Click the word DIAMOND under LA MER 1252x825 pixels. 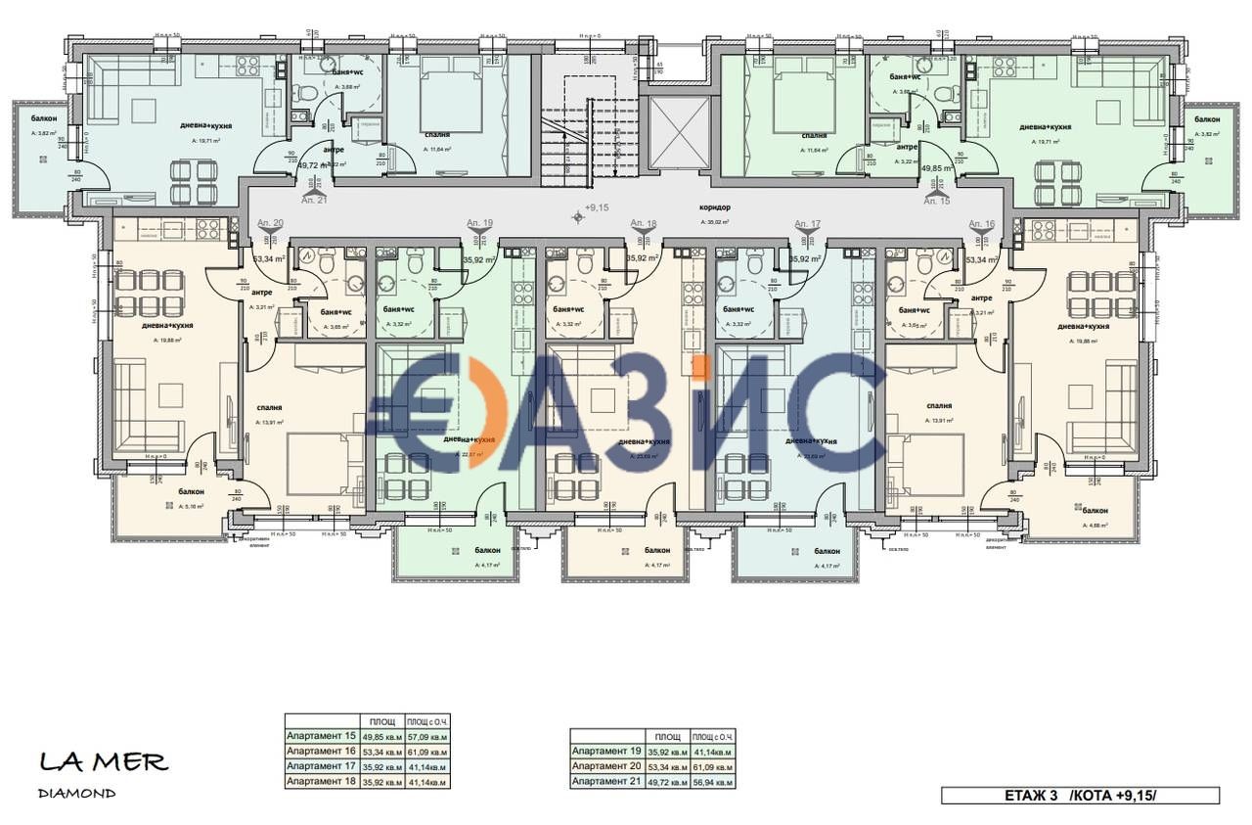(77, 793)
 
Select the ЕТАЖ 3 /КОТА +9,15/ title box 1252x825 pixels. (1080, 796)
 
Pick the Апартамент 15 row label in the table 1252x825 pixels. (321, 736)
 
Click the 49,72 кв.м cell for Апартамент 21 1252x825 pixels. (668, 782)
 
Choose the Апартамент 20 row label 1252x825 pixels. (606, 766)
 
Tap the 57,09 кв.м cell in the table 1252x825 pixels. (425, 736)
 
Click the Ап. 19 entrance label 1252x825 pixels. (479, 224)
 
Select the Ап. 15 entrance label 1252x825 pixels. (937, 201)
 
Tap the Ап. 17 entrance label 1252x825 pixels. (808, 224)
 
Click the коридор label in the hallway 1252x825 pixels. (715, 207)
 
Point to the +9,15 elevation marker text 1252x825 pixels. (596, 207)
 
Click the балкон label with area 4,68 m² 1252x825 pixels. (1095, 511)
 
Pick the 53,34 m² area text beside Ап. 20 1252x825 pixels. (268, 259)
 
